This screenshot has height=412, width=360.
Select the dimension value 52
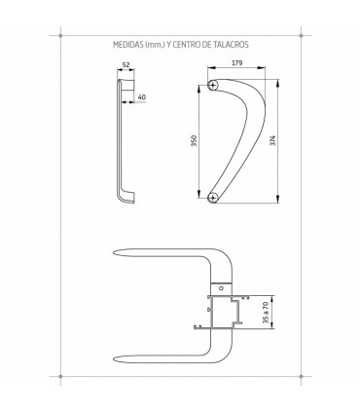tap(126, 65)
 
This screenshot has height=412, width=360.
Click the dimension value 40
tap(142, 96)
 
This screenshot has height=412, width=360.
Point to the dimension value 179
tap(236, 63)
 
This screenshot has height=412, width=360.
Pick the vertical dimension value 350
tap(194, 140)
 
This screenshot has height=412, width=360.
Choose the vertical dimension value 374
tap(272, 140)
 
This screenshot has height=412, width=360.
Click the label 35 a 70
tap(266, 313)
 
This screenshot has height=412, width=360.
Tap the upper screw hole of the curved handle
tap(213, 86)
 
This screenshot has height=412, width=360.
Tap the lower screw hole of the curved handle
tap(213, 197)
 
